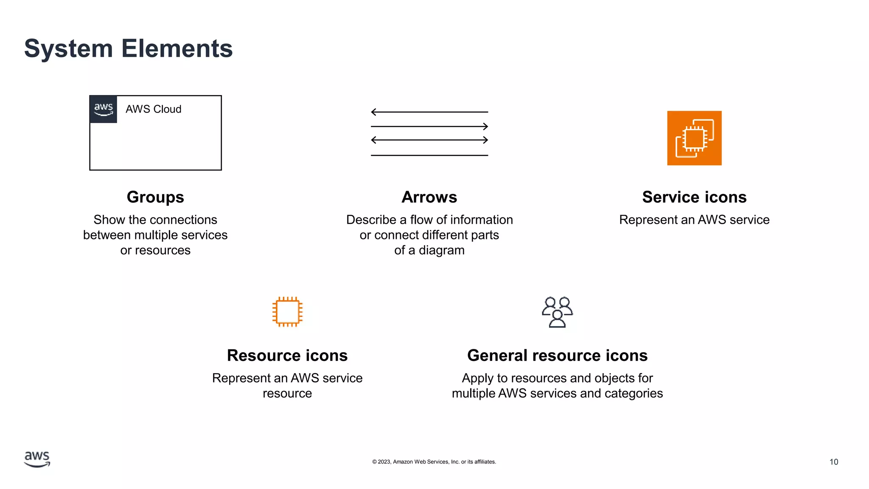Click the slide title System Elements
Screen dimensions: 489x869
click(128, 48)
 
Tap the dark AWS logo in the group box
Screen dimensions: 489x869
click(104, 109)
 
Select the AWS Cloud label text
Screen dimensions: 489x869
click(153, 109)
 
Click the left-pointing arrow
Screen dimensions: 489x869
click(429, 112)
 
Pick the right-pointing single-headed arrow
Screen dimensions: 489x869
click(429, 126)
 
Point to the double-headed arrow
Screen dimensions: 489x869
click(429, 140)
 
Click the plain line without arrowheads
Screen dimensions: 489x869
click(429, 155)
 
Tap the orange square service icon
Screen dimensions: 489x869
click(694, 138)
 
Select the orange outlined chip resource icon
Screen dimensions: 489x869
click(287, 312)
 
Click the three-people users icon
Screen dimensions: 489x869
click(557, 312)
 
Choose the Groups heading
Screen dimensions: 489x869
click(155, 197)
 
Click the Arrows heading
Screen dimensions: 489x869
click(429, 197)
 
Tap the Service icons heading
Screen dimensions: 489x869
click(694, 197)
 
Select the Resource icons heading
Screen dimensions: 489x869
click(287, 355)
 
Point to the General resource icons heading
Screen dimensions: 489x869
click(557, 355)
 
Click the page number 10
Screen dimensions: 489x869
click(834, 462)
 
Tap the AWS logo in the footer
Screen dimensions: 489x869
click(37, 459)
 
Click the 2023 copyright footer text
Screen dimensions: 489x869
click(434, 462)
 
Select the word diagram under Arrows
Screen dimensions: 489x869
click(441, 250)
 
